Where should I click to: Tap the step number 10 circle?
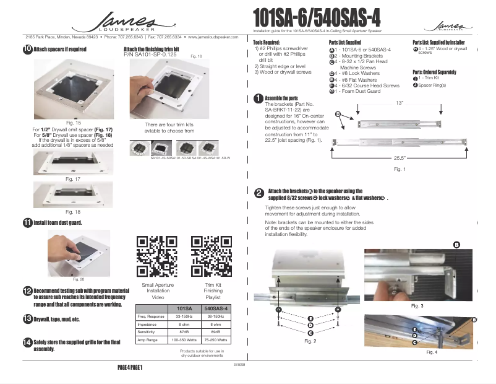[x=28, y=50]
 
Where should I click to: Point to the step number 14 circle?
[x=28, y=343]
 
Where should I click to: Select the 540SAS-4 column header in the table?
[x=216, y=308]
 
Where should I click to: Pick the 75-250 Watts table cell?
[x=216, y=340]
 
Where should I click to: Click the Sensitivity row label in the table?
[x=147, y=332]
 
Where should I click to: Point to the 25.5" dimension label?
[x=400, y=157]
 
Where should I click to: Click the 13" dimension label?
[x=400, y=102]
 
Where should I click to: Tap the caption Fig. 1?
[x=400, y=169]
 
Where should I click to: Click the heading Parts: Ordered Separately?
[x=435, y=72]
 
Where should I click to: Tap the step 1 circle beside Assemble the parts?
[x=258, y=98]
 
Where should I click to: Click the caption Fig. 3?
[x=417, y=306]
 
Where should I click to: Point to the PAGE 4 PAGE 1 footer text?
[x=130, y=367]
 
